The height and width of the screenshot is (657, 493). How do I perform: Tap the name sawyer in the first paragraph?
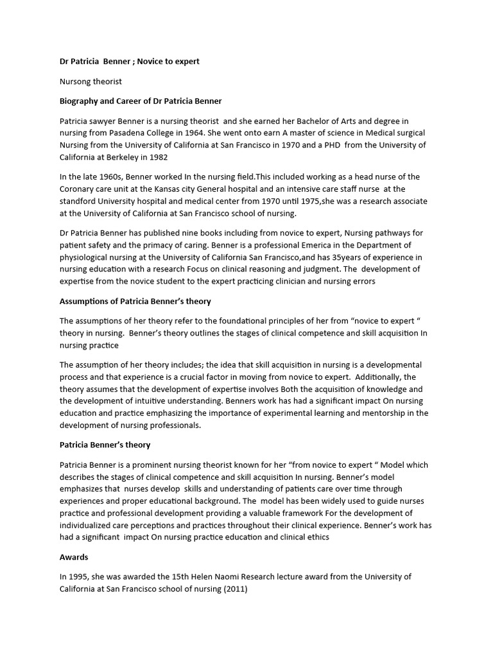pyautogui.click(x=110, y=121)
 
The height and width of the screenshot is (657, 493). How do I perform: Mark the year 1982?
pyautogui.click(x=179, y=157)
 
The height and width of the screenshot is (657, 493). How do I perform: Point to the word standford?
pyautogui.click(x=80, y=201)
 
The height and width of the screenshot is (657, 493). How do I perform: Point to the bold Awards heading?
pyautogui.click(x=74, y=557)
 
